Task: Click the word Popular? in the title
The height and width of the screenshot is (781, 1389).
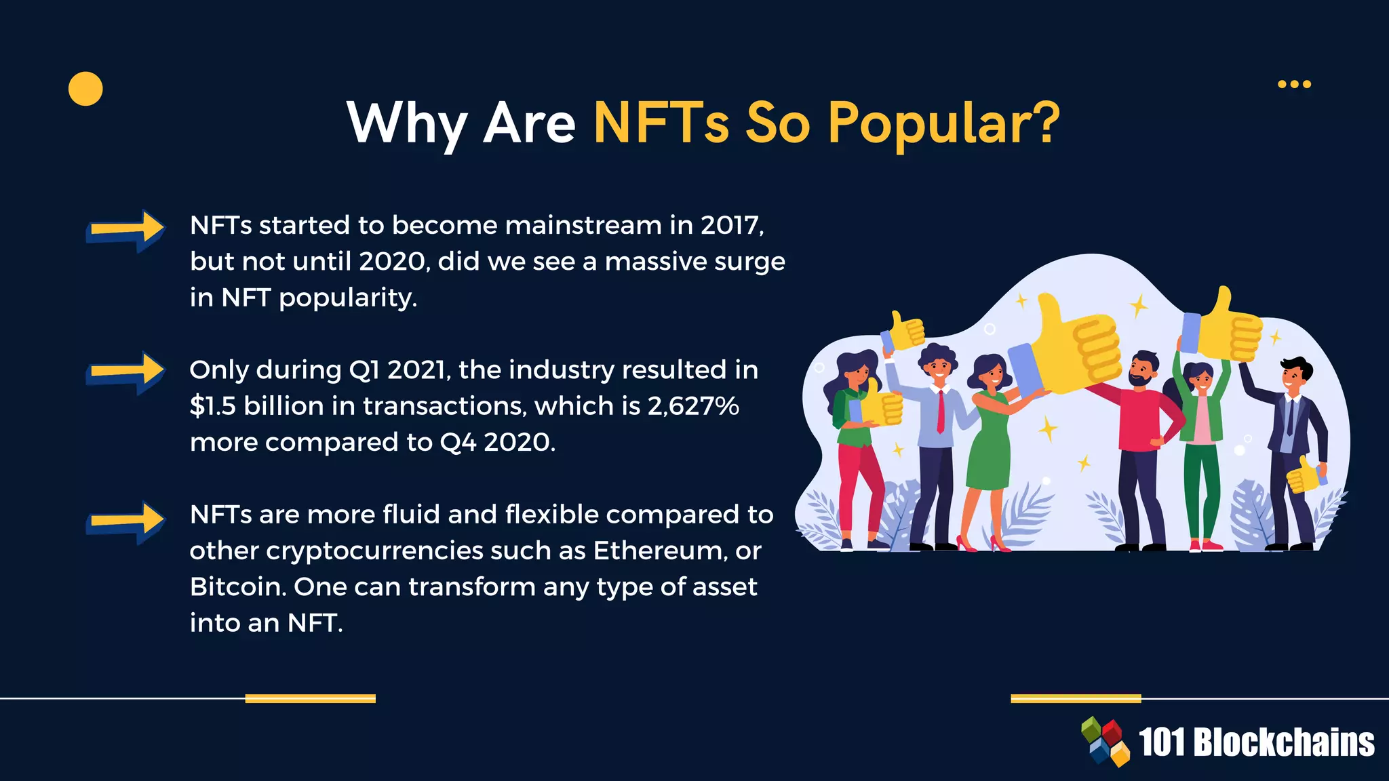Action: [943, 123]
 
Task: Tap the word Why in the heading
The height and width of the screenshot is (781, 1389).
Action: [406, 123]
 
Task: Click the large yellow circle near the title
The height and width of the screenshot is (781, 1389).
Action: [85, 89]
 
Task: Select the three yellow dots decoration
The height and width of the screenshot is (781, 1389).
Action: [1294, 84]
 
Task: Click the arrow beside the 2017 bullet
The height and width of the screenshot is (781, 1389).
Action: [125, 230]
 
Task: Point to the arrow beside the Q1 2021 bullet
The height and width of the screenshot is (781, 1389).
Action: [125, 372]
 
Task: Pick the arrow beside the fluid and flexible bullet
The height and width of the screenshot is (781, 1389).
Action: [125, 521]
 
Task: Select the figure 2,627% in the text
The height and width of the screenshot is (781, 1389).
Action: [692, 406]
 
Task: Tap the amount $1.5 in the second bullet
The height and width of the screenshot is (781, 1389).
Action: [212, 406]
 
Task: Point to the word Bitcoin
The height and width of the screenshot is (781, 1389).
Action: [237, 586]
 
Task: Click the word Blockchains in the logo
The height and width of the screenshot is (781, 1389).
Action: [1283, 742]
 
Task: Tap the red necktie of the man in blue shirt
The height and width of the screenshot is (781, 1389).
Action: [940, 411]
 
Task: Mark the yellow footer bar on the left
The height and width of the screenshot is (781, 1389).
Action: [310, 698]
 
